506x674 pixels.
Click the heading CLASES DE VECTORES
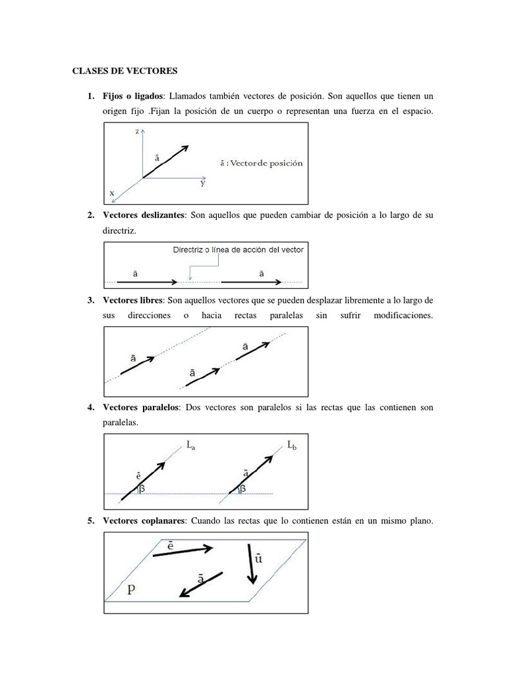124,70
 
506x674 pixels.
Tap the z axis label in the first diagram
137,132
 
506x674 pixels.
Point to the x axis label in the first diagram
111,193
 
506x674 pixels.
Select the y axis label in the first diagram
203,184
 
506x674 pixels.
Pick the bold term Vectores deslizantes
145,215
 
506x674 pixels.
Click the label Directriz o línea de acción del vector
238,249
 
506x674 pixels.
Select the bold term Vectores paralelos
141,408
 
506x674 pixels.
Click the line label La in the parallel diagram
191,446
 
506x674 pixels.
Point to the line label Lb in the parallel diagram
291,446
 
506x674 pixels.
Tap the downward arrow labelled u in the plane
250,563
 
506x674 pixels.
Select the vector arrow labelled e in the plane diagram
183,551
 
